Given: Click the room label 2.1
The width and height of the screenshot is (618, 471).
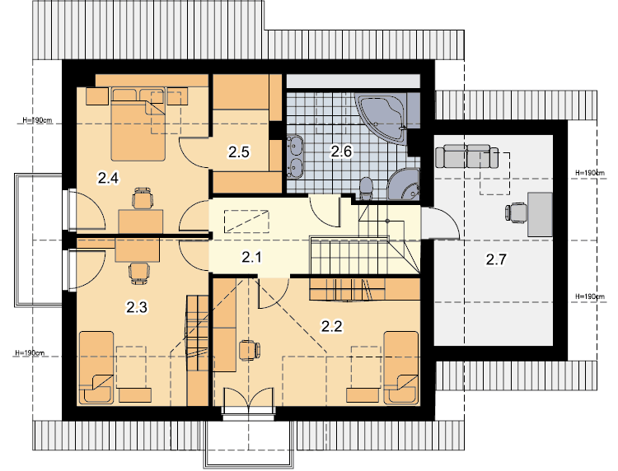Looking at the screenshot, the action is tap(251, 258).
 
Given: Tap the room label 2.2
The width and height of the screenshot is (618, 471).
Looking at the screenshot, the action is tap(331, 326).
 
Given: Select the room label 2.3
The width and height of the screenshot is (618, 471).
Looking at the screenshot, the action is tap(137, 307).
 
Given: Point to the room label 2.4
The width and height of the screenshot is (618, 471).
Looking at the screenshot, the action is tap(108, 179).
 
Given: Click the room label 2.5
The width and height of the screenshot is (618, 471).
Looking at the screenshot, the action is tap(238, 152).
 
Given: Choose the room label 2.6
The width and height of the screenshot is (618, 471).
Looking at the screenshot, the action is tap(341, 151).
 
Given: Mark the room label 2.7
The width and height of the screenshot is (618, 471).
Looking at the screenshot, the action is tap(496, 259).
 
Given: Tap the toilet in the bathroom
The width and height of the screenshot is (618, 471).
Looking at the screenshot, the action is tap(366, 189).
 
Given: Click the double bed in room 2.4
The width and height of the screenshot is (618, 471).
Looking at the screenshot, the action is tap(138, 124).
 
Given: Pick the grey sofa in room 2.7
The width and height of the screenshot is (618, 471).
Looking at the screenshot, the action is tap(466, 156).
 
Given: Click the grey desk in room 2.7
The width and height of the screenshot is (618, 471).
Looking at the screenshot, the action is tap(540, 214).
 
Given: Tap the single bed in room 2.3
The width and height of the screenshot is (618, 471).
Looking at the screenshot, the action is tap(96, 368).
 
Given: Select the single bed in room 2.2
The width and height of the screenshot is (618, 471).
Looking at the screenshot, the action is tap(400, 368).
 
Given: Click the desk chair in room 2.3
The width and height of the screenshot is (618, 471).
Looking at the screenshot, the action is tap(139, 273).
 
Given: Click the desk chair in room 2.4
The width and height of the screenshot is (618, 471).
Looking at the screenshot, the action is tap(143, 198).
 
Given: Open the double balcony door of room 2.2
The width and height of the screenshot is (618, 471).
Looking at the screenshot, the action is tap(248, 401).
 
